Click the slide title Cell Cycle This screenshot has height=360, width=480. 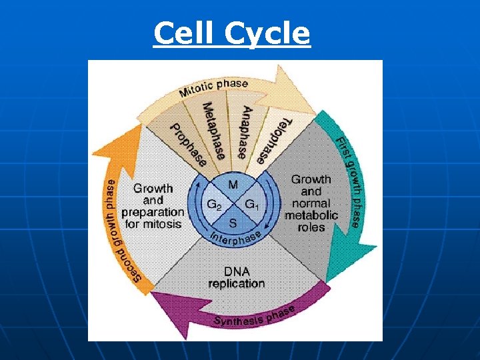coord(231,33)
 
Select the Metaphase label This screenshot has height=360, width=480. coord(214,131)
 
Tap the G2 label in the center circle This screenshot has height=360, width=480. coord(213,204)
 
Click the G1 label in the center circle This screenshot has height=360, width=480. coord(253,204)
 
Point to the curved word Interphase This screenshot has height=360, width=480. coord(235,238)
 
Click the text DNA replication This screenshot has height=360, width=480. coord(236,277)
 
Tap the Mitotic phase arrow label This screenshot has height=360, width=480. coord(213,87)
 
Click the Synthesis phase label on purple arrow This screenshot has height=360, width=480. coord(254,316)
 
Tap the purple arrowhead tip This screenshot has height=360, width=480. coord(152,295)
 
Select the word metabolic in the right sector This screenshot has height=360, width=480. coord(311,215)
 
